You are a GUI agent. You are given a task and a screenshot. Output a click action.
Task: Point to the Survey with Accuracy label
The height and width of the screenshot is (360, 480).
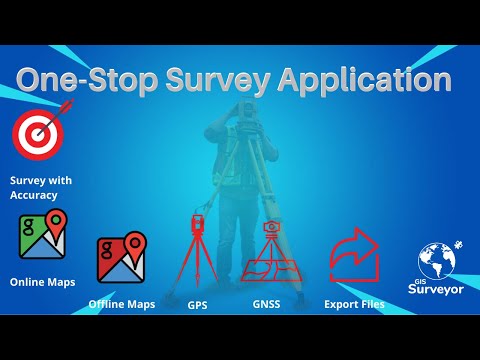tap(40, 187)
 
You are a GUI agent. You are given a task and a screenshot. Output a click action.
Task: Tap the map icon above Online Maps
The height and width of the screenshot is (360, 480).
tap(43, 236)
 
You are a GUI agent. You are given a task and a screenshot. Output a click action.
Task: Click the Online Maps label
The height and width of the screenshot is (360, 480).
tap(41, 282)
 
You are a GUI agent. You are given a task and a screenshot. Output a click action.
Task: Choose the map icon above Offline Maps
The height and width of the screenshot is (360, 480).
tap(121, 259)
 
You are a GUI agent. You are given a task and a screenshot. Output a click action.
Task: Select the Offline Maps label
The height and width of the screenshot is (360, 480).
tap(121, 303)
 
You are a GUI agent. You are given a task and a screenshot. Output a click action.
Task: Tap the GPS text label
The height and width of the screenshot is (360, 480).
tap(197, 304)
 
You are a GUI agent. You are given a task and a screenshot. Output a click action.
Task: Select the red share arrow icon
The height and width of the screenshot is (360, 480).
tap(355, 255)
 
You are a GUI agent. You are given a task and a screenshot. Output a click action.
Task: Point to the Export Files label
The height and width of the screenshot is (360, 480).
tap(355, 303)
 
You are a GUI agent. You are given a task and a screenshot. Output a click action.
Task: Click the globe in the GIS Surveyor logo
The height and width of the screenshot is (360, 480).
tap(438, 258)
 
